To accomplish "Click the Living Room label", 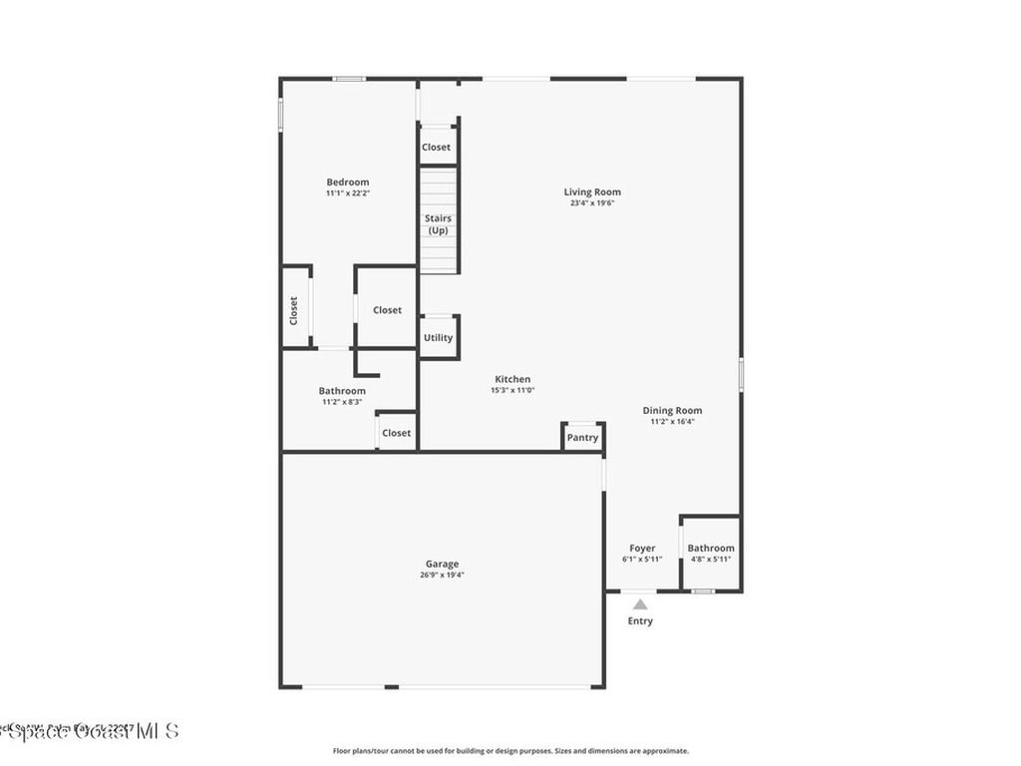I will (592, 192).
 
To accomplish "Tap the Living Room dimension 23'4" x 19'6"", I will (592, 203).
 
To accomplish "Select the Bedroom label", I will (348, 183).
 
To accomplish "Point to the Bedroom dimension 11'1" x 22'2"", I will (348, 193).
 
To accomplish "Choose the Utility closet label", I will (438, 338).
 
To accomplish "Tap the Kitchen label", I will (512, 379).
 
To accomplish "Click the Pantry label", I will (582, 438).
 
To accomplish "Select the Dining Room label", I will (672, 411).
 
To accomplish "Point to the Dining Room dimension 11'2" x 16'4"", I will (672, 422).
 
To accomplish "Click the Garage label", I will (442, 565).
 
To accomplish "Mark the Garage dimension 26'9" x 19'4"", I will (442, 575).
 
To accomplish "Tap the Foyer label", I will (642, 549).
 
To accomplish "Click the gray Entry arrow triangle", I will (640, 603).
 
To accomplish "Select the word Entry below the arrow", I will (640, 621).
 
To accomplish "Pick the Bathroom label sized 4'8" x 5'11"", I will (711, 549).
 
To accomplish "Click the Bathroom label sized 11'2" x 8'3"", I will (342, 391).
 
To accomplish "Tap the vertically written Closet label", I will (294, 310).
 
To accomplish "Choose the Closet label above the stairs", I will (436, 148).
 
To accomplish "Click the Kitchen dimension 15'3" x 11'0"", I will (512, 391).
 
